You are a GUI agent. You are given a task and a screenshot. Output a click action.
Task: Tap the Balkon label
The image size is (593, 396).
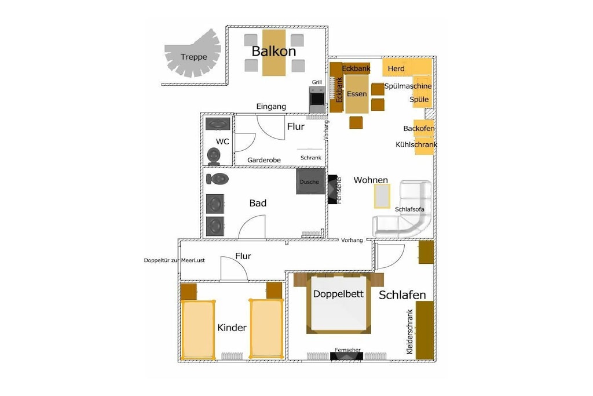tap(274, 51)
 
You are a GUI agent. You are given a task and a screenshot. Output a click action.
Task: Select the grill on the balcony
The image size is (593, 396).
tap(317, 99)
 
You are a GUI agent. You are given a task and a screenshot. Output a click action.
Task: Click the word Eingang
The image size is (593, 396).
tap(271, 106)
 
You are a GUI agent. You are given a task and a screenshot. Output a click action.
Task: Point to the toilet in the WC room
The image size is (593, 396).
tap(214, 157)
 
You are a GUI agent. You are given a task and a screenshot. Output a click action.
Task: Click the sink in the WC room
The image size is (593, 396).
tap(218, 124)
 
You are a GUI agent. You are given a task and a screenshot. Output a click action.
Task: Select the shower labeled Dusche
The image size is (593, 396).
tap(310, 181)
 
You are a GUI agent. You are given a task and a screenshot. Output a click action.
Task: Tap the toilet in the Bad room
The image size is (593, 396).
tap(218, 179)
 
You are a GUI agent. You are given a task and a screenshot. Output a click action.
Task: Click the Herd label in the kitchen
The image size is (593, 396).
tap(396, 68)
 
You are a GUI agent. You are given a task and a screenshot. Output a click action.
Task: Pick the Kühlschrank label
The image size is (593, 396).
tap(416, 144)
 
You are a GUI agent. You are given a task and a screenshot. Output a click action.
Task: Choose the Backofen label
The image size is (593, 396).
tap(419, 128)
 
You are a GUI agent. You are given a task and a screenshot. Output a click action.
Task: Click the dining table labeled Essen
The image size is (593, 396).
tap(357, 94)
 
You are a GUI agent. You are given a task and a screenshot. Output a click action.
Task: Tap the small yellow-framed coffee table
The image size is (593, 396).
tap(382, 196)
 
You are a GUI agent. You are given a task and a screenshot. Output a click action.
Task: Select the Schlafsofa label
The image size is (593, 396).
tap(409, 209)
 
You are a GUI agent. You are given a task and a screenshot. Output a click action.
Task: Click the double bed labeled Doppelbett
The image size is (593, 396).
tap(338, 303)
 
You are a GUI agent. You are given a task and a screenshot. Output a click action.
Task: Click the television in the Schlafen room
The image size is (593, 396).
tap(346, 356)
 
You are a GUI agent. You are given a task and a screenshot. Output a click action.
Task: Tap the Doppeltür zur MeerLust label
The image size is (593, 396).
tap(174, 260)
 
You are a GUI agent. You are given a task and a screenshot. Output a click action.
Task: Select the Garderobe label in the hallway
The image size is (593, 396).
tap(264, 160)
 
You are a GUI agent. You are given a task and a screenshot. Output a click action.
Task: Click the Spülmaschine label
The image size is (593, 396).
tap(408, 86)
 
